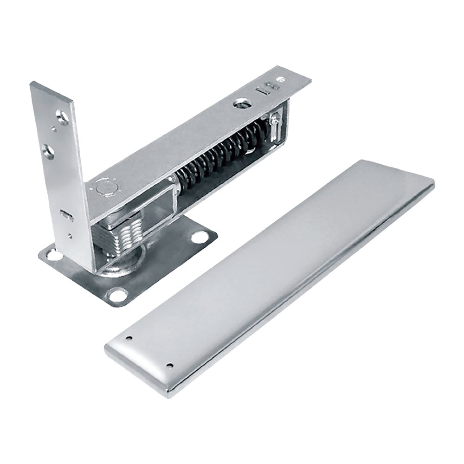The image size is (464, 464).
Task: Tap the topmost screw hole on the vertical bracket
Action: pyautogui.click(x=60, y=114)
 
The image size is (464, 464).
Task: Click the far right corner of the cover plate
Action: pyautogui.click(x=432, y=185)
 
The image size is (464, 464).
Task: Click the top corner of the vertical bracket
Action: pyautogui.click(x=32, y=84)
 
